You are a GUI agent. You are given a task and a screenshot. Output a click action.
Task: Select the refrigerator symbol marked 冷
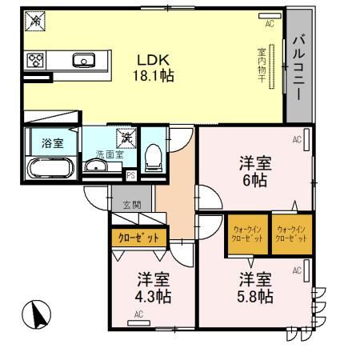point(35,22)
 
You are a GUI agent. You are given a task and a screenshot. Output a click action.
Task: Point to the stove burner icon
point(36,59)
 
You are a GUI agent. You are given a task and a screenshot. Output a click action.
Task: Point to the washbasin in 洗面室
point(95,167)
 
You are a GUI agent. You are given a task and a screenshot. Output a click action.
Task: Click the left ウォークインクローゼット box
point(246,233)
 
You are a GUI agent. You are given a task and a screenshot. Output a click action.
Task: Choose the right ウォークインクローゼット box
point(290,233)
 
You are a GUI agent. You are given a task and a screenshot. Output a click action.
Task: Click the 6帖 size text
point(256,181)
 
